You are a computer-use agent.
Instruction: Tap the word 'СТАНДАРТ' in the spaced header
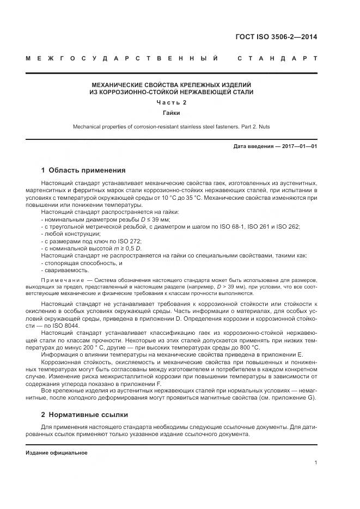[x=278, y=58]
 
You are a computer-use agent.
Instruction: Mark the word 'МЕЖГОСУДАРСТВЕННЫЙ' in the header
[x=123, y=58]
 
